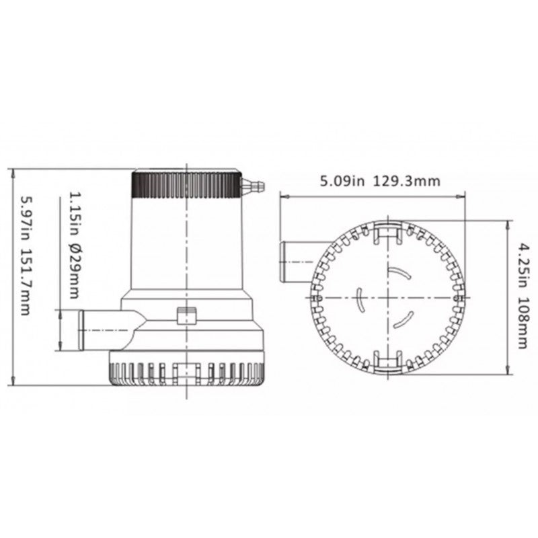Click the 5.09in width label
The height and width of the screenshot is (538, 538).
point(342,181)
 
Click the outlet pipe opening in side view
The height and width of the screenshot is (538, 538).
point(83,330)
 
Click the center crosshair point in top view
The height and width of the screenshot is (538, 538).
point(389,297)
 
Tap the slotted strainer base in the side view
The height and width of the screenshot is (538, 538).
point(185,373)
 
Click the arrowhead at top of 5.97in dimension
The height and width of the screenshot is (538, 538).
point(14,172)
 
